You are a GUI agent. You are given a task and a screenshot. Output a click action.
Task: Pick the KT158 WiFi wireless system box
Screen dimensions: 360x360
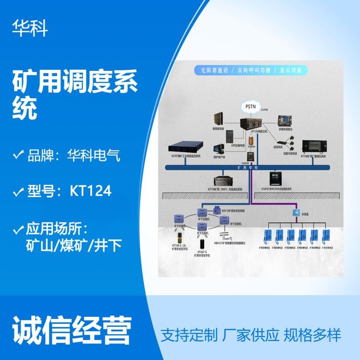(x=226, y=181)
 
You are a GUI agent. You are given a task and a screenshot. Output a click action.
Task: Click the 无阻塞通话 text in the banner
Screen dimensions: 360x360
(x=215, y=70)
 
